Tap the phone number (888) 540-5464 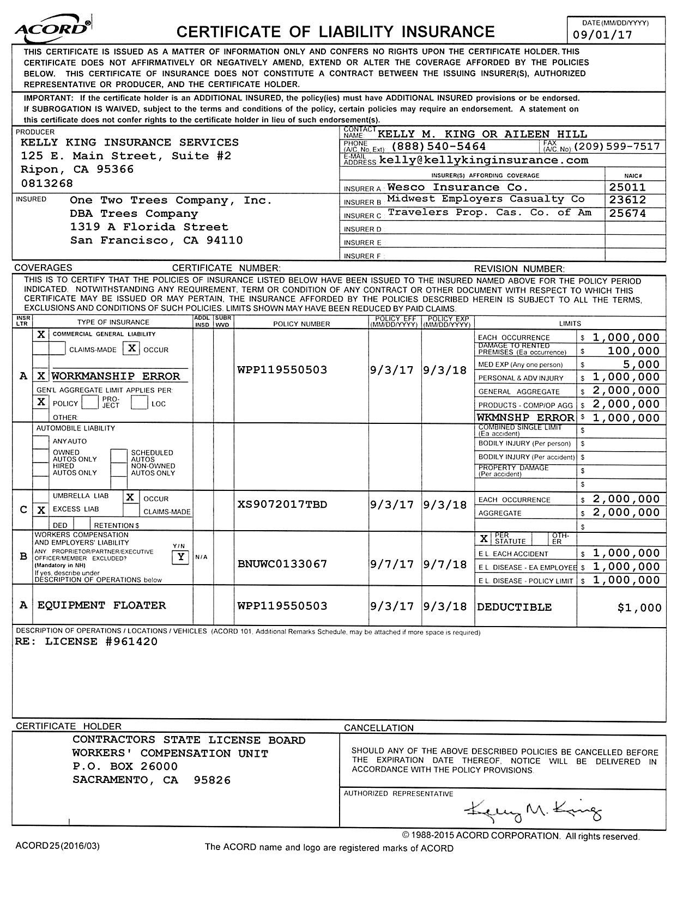point(438,147)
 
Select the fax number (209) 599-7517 point(617,147)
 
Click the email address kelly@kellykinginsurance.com point(484,160)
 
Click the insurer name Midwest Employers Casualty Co point(486,199)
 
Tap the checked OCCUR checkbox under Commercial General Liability point(131,348)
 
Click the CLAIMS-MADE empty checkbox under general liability point(58,349)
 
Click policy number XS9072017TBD point(282,505)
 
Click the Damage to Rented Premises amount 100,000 point(633,351)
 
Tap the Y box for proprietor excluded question point(180,557)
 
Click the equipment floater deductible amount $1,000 point(639,608)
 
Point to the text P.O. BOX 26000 point(125,767)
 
